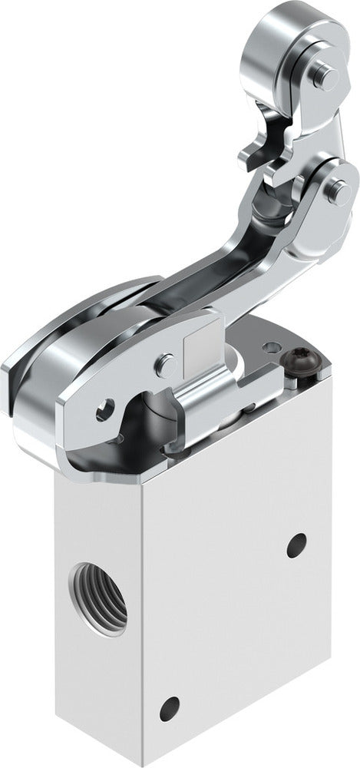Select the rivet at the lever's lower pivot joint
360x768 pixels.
coord(333,194)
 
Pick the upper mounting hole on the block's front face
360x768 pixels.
coord(292,547)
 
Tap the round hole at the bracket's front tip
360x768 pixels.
coord(102,415)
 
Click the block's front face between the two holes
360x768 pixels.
coord(230,622)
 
